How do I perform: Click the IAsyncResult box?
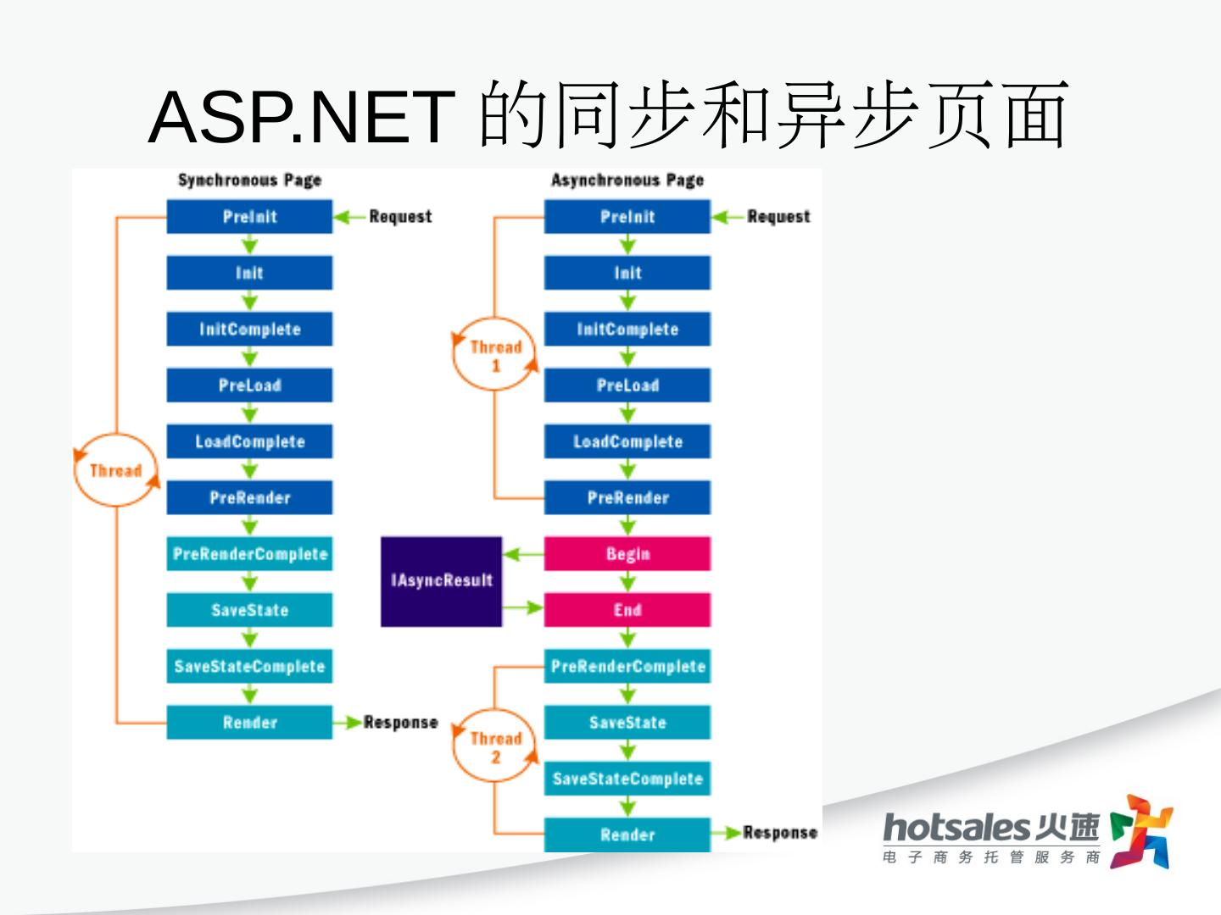pyautogui.click(x=441, y=581)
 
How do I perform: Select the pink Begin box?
pyautogui.click(x=627, y=554)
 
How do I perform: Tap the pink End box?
pyautogui.click(x=627, y=610)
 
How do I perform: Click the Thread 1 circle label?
pyautogui.click(x=496, y=355)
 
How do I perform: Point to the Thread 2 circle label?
pyautogui.click(x=496, y=746)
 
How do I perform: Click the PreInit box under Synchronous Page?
pyautogui.click(x=249, y=217)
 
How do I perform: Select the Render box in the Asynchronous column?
pyautogui.click(x=627, y=835)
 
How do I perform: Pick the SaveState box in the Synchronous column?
pyautogui.click(x=249, y=610)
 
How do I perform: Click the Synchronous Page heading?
pyautogui.click(x=249, y=180)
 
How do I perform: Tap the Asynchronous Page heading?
pyautogui.click(x=627, y=180)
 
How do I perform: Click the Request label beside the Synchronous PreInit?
pyautogui.click(x=400, y=217)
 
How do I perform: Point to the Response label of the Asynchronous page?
pyautogui.click(x=779, y=833)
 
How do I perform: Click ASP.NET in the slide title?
pyautogui.click(x=301, y=116)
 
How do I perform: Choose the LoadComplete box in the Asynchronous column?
pyautogui.click(x=627, y=441)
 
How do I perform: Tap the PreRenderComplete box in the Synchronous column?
pyautogui.click(x=249, y=554)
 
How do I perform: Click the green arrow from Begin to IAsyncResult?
pyautogui.click(x=523, y=555)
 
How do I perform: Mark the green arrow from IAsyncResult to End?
pyautogui.click(x=523, y=607)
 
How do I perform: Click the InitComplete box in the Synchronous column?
pyautogui.click(x=249, y=330)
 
